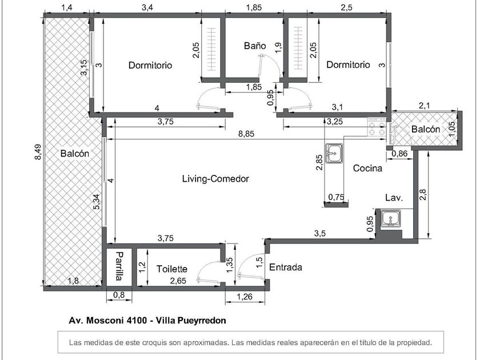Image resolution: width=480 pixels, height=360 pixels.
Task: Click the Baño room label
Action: [x=255, y=46]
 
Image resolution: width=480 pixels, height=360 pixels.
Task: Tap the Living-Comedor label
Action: [x=215, y=178]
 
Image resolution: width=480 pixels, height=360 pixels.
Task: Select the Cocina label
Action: [x=367, y=168]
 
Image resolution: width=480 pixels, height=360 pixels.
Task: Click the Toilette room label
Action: [x=172, y=269]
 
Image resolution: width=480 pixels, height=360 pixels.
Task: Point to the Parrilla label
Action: [x=119, y=266]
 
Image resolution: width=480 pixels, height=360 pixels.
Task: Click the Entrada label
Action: [x=286, y=267]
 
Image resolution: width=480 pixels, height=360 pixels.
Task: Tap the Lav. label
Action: [x=394, y=198]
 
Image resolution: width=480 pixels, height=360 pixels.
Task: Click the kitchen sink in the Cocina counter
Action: [x=334, y=153]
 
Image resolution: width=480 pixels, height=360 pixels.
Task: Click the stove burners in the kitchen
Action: [x=377, y=127]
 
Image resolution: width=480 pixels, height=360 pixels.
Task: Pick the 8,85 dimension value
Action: [x=246, y=134]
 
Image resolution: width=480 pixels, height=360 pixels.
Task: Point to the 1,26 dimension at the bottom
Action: [x=245, y=297]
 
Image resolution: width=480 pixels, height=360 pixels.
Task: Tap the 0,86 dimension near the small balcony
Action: [x=400, y=153]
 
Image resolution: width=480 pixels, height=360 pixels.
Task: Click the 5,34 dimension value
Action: [x=97, y=202]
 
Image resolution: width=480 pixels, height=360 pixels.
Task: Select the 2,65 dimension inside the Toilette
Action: [x=178, y=281]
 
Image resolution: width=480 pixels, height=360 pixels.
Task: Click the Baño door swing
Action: [x=270, y=66]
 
